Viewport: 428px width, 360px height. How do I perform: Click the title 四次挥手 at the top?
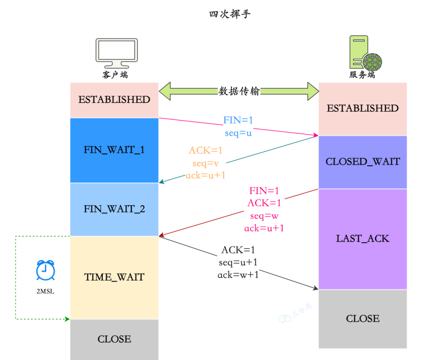coord(230,14)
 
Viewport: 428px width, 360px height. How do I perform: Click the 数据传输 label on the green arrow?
coord(239,91)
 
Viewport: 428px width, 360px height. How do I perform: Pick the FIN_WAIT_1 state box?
coord(114,150)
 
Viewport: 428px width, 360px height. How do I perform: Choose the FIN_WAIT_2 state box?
coord(114,209)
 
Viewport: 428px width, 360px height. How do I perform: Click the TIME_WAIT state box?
coord(114,277)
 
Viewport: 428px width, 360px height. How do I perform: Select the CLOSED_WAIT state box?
coord(363,162)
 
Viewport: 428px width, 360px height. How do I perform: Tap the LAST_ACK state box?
coord(363,239)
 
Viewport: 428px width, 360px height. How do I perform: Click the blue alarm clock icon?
coord(45,270)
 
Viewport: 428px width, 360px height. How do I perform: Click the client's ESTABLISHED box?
coord(114,100)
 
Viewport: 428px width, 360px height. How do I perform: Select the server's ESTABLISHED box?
coord(363,108)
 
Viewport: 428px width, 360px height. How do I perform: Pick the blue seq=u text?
coord(238,133)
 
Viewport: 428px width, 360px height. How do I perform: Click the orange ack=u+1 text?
coord(205,175)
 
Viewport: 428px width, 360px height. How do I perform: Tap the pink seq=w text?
coord(264,216)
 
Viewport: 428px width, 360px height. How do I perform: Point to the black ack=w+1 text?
coord(238,274)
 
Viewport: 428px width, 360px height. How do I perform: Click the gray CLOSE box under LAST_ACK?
coord(363,319)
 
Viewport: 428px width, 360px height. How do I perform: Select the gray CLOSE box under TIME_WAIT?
coord(114,339)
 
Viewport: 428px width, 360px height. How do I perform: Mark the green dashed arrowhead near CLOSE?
coord(67,319)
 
